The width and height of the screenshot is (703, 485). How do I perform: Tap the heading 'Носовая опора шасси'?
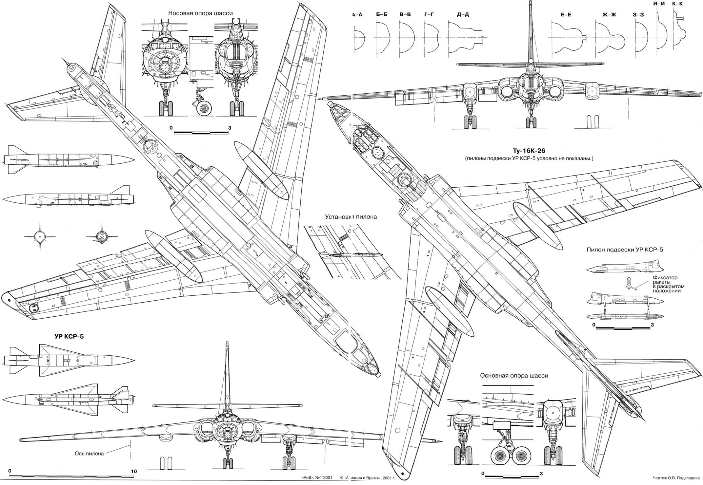[200, 13]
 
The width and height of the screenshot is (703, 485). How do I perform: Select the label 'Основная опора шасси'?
[514, 376]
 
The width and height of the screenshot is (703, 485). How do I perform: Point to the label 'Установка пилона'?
[351, 217]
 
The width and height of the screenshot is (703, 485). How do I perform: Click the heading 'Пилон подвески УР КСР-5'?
[624, 250]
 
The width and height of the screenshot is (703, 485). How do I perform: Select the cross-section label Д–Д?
[462, 14]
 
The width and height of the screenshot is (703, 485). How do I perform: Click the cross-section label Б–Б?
[382, 14]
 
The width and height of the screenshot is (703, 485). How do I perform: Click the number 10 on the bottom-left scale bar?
[133, 472]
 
